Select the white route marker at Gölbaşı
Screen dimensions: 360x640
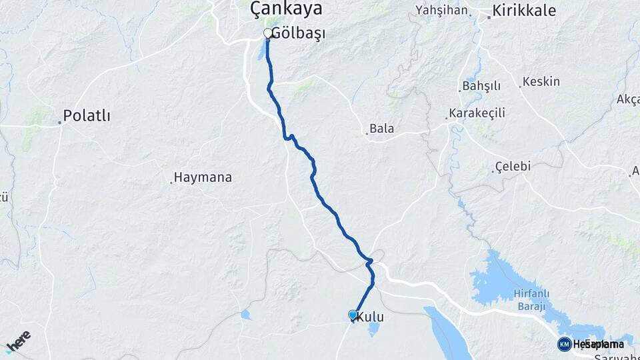click(268, 33)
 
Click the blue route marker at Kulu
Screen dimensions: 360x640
click(353, 315)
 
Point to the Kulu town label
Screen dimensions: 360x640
click(371, 318)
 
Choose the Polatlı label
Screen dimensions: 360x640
click(87, 116)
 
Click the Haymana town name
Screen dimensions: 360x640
click(203, 177)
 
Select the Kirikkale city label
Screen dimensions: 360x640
click(527, 11)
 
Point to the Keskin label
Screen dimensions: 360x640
click(541, 81)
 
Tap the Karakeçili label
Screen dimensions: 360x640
click(477, 113)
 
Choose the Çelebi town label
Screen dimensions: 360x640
click(513, 167)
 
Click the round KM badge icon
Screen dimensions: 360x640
click(564, 344)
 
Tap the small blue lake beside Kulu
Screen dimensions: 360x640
click(374, 328)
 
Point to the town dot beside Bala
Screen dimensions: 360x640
click(367, 133)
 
